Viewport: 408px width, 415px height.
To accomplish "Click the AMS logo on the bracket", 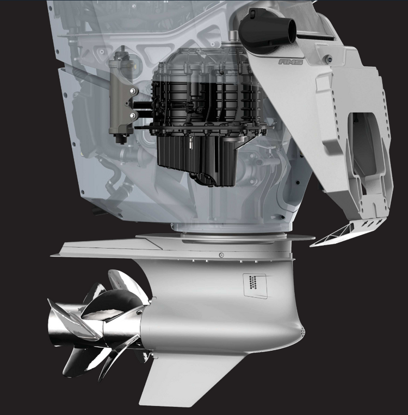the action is (290, 62).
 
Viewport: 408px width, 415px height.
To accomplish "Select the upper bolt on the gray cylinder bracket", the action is (133, 91).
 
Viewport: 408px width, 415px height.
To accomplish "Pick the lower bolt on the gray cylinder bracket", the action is (133, 115).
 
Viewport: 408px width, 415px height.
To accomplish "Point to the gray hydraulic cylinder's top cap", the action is (122, 54).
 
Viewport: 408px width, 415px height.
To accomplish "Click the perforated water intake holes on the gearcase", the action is (253, 282).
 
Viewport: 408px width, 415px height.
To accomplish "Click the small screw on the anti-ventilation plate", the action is (221, 255).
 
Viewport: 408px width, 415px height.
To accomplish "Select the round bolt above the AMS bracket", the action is (329, 59).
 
